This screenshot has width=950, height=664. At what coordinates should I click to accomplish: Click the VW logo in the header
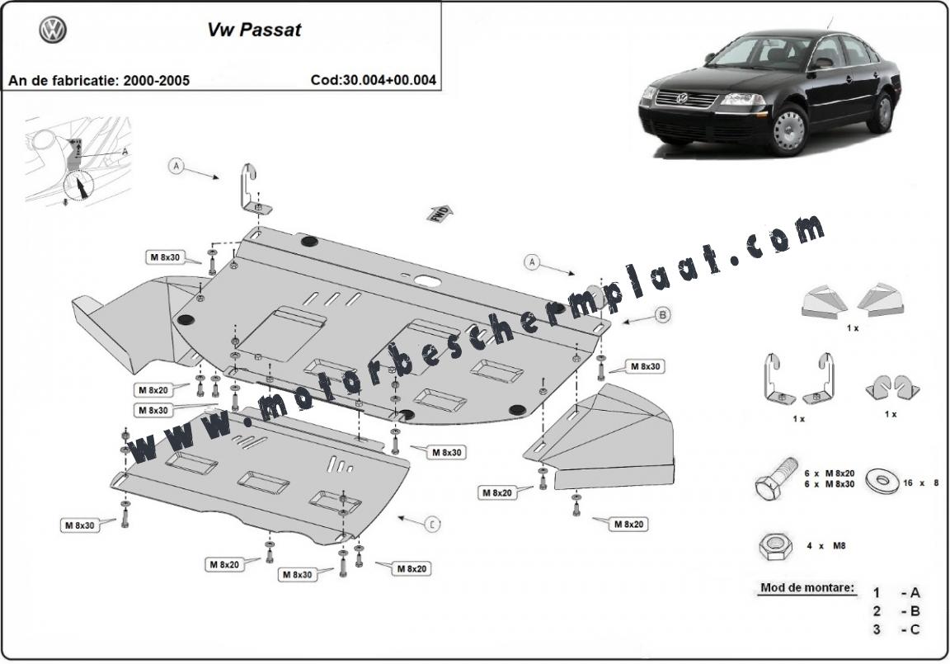53,31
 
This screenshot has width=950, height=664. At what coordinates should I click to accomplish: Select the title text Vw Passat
253,31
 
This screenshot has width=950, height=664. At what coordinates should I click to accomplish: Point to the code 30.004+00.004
373,80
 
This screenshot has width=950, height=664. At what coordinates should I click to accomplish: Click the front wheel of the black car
790,130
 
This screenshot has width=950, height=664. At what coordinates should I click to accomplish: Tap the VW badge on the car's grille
682,98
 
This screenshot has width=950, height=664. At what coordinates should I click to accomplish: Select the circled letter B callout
662,313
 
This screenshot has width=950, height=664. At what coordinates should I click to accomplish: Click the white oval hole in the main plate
427,280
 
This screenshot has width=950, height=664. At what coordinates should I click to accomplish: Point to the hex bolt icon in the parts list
776,478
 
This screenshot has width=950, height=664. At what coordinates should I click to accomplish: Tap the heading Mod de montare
807,589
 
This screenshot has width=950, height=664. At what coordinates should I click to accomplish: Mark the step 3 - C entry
896,630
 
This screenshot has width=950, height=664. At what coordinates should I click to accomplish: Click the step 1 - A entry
896,592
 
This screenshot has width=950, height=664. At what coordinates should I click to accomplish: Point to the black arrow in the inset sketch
82,189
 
